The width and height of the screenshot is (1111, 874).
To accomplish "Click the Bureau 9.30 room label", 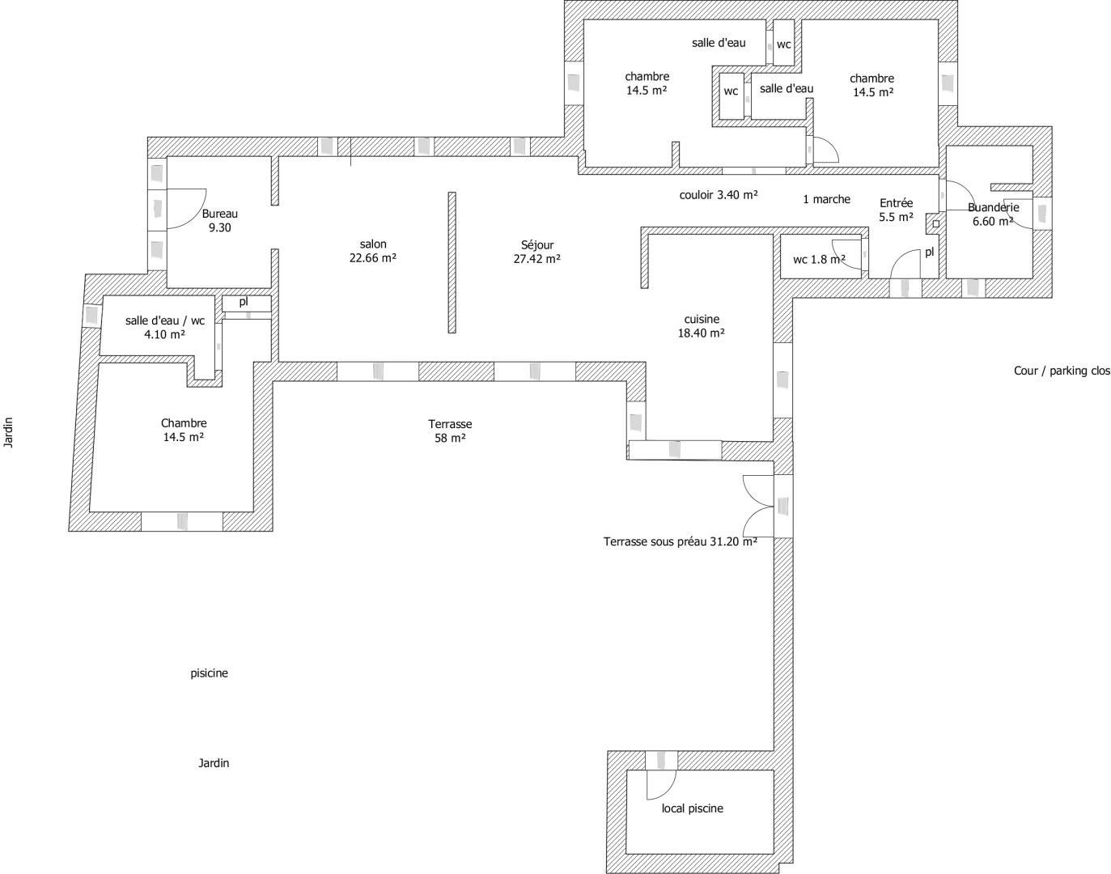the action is [x=220, y=220].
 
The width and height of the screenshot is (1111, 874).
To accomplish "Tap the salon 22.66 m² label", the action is [x=373, y=251].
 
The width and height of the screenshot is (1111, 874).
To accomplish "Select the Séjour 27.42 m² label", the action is [x=537, y=252].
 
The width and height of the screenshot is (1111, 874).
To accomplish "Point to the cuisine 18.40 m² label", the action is [x=701, y=326].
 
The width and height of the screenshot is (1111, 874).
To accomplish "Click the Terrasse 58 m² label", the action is [x=450, y=431].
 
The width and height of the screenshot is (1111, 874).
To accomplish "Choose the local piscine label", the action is [x=693, y=808].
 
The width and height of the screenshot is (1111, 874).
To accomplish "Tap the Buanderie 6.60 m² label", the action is [x=993, y=214].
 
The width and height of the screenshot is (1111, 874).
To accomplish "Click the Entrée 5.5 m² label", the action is [x=897, y=210].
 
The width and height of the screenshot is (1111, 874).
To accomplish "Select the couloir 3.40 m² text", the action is [x=718, y=194].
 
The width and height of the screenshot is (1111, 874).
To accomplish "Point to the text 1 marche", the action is [x=826, y=199].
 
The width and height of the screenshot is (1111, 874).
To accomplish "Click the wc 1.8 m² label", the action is [x=820, y=259].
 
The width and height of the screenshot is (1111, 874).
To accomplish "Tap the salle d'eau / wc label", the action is [x=165, y=320].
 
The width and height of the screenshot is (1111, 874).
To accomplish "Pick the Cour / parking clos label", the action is [x=1062, y=371].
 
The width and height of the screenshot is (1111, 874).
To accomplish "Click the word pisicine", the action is [x=209, y=673].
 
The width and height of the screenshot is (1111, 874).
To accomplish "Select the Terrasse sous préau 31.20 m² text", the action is [x=680, y=541].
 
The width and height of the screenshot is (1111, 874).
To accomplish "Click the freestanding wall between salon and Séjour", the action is [x=452, y=262].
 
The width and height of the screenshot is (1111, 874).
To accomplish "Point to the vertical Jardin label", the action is [x=8, y=432].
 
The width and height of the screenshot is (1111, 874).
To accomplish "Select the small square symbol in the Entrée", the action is [x=936, y=223].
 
